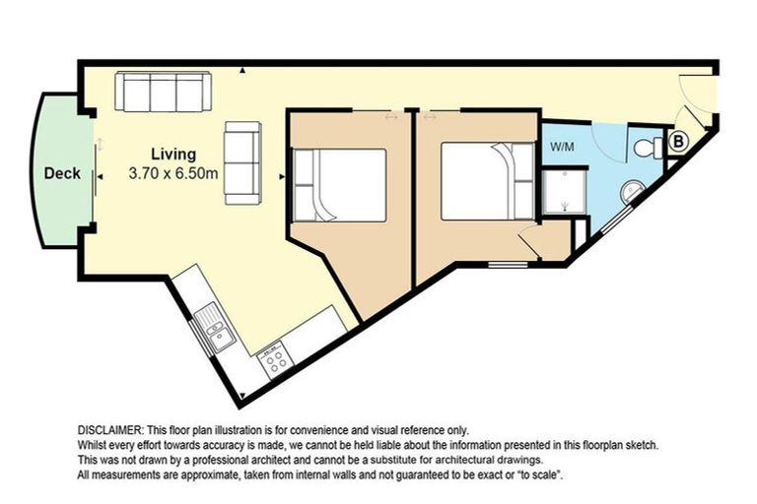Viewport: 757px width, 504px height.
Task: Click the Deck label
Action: [x=62, y=173]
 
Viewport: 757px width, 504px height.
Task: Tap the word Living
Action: [x=172, y=155]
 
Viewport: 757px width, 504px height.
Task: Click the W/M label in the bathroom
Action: [x=563, y=148]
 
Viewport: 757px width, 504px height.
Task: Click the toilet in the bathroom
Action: [x=648, y=148]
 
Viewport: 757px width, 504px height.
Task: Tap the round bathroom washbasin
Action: [x=629, y=190]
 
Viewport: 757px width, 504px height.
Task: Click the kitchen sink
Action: [x=213, y=327]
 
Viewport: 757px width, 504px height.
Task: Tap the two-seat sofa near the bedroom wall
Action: [x=241, y=162]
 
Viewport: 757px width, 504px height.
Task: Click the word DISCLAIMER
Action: [x=110, y=431]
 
